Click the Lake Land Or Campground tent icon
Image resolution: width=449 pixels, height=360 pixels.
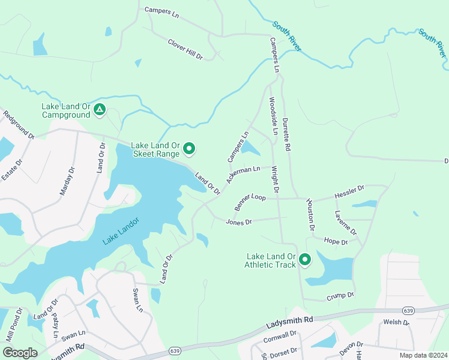pyautogui.click(x=100, y=110)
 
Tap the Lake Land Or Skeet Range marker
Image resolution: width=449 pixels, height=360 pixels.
pyautogui.click(x=190, y=148)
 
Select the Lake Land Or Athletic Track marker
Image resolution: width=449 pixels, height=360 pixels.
pyautogui.click(x=305, y=260)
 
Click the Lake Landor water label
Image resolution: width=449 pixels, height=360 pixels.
pyautogui.click(x=121, y=230)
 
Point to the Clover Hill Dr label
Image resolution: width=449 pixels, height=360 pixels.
pyautogui.click(x=185, y=49)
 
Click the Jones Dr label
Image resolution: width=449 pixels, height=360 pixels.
pyautogui.click(x=238, y=222)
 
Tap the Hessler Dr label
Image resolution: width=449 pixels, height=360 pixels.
pyautogui.click(x=349, y=193)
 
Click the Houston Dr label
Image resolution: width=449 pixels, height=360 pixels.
pyautogui.click(x=310, y=215)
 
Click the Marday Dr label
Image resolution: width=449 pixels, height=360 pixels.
pyautogui.click(x=67, y=182)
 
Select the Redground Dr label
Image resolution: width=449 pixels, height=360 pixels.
pyautogui.click(x=19, y=125)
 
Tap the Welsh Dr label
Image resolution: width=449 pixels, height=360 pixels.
pyautogui.click(x=396, y=322)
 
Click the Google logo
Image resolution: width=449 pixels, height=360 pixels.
pyautogui.click(x=20, y=353)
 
